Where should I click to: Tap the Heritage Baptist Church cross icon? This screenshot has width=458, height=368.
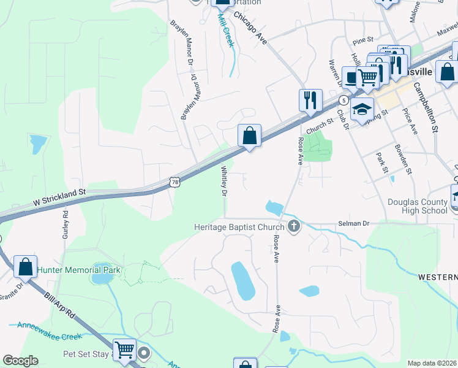(x=294, y=227)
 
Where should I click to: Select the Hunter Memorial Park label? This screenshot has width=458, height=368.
(x=79, y=270)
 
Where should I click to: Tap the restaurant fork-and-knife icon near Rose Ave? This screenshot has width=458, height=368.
(x=310, y=99)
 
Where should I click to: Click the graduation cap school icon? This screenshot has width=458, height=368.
(x=362, y=109)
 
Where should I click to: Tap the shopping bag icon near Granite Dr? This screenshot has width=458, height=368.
(x=25, y=266)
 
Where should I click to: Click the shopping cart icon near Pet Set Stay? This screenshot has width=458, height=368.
(x=125, y=350)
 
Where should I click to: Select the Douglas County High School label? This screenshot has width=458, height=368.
(x=418, y=206)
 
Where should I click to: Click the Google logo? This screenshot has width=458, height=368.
(x=20, y=360)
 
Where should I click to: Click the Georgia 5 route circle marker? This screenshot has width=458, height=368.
(x=345, y=99)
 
